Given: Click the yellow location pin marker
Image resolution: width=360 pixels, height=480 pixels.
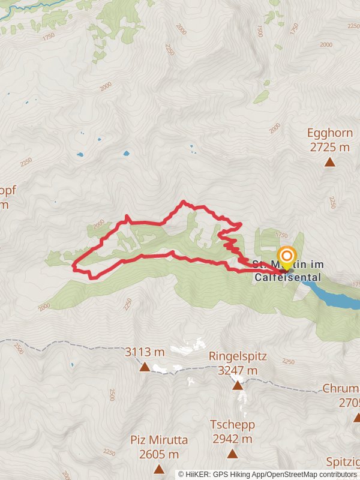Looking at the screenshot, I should point(287,257).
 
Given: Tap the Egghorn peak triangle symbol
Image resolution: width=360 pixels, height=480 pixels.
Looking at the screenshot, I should point(329,162).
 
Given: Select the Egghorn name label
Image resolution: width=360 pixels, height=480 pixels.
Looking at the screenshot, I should point(328,133).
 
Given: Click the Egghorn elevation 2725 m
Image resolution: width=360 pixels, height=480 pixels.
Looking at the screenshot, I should point(328,147).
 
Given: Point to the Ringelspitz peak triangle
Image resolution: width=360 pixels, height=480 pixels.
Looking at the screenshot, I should point(238,385).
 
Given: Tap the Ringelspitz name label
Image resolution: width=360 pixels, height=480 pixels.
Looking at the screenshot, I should point(237,356).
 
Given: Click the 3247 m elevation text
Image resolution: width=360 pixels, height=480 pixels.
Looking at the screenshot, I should point(237,370).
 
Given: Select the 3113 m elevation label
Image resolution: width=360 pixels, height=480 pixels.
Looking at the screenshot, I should point(145,352).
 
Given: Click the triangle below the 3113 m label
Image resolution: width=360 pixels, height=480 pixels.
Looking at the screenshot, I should point(145,367).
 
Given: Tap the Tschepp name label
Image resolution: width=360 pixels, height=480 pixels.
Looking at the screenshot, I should point(232,425).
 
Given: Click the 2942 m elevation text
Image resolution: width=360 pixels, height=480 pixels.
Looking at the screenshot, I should point(232,439).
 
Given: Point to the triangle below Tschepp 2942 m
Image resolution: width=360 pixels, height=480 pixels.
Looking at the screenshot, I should point(232,454).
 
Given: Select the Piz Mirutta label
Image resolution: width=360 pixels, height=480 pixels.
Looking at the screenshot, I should point(159,440).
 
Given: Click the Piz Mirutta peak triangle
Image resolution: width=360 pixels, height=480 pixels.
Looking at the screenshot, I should point(159,469).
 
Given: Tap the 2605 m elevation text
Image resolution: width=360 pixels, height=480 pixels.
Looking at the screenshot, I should point(159,454).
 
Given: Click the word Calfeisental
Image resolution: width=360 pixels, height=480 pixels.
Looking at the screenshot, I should point(287,277).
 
